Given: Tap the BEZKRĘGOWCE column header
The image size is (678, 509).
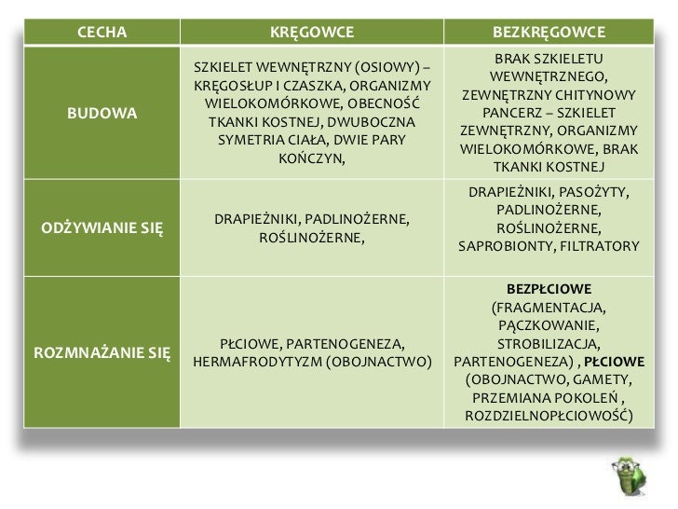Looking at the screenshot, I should [x=549, y=34].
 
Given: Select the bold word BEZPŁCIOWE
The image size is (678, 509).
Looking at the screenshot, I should [x=549, y=289].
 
